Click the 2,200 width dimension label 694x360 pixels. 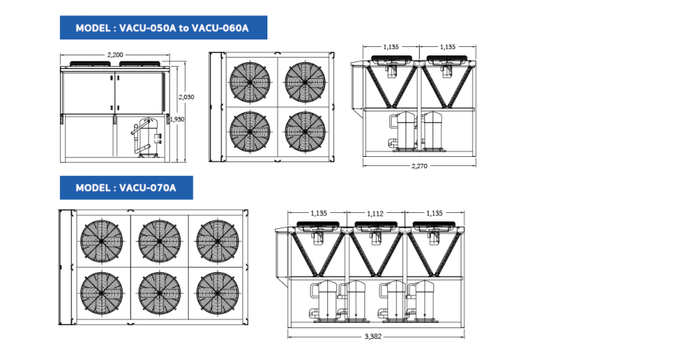coord(115,55)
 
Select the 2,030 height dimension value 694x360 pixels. coord(186,97)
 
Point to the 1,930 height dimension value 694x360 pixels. coord(177,119)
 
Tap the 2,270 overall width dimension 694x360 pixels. coord(419,167)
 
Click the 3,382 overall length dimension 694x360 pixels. coord(373,337)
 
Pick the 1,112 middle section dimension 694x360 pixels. coord(375,214)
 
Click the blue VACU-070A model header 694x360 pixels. coord(127,188)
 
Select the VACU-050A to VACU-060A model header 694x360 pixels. coord(164,28)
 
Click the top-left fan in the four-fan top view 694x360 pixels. coord(250,82)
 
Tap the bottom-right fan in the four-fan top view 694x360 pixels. coord(305,132)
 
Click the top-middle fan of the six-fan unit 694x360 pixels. coord(159,241)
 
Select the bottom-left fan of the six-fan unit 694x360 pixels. coord(102,293)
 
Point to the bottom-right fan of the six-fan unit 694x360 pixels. coord(217,293)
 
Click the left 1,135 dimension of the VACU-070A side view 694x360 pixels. coord(319,214)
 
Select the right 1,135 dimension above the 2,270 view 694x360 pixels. coord(448,47)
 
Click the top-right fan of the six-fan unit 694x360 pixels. coord(217,241)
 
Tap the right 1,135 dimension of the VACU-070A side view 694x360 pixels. coord(434,214)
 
